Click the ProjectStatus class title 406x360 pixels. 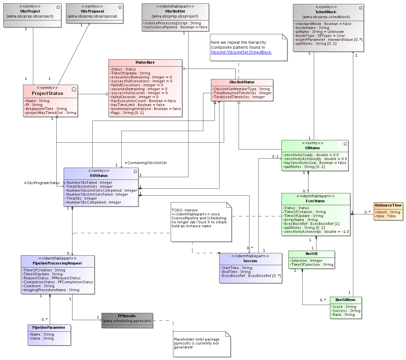(x=47, y=93)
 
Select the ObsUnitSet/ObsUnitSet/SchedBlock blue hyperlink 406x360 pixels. (x=241, y=52)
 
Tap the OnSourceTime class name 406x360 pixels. (x=388, y=205)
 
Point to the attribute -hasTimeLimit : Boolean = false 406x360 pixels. (x=137, y=105)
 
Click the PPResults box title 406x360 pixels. (x=127, y=316)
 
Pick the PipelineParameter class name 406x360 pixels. (x=49, y=327)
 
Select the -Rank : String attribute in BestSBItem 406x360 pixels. (x=343, y=315)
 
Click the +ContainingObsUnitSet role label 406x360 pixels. (x=145, y=163)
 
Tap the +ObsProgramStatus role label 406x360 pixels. (x=42, y=183)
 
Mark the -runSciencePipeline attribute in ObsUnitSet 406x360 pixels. (x=175, y=27)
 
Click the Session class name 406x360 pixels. (x=250, y=261)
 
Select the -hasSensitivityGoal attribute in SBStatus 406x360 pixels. (x=314, y=163)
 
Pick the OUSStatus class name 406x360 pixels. (x=99, y=176)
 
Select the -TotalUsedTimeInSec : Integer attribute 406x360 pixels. (x=239, y=97)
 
